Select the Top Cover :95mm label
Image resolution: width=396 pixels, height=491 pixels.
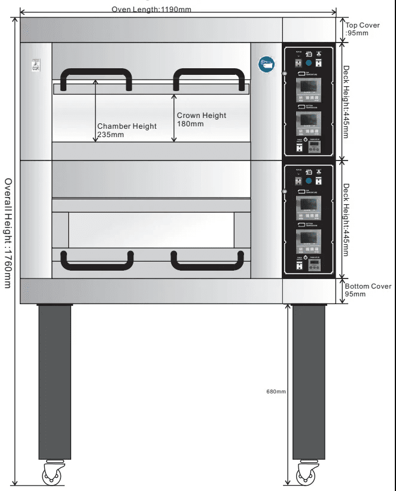tap(363, 29)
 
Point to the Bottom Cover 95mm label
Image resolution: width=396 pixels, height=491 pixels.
tap(368, 290)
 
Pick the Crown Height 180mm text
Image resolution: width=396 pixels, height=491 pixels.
tap(201, 120)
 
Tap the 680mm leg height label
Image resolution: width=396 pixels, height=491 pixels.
tap(276, 392)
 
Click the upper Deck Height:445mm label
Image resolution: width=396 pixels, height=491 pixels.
tap(346, 102)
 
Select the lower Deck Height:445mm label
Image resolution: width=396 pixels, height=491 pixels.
tap(346, 219)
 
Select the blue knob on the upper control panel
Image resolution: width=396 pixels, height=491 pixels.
tap(308, 63)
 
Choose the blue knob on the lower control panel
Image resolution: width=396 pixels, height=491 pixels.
tap(308, 180)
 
